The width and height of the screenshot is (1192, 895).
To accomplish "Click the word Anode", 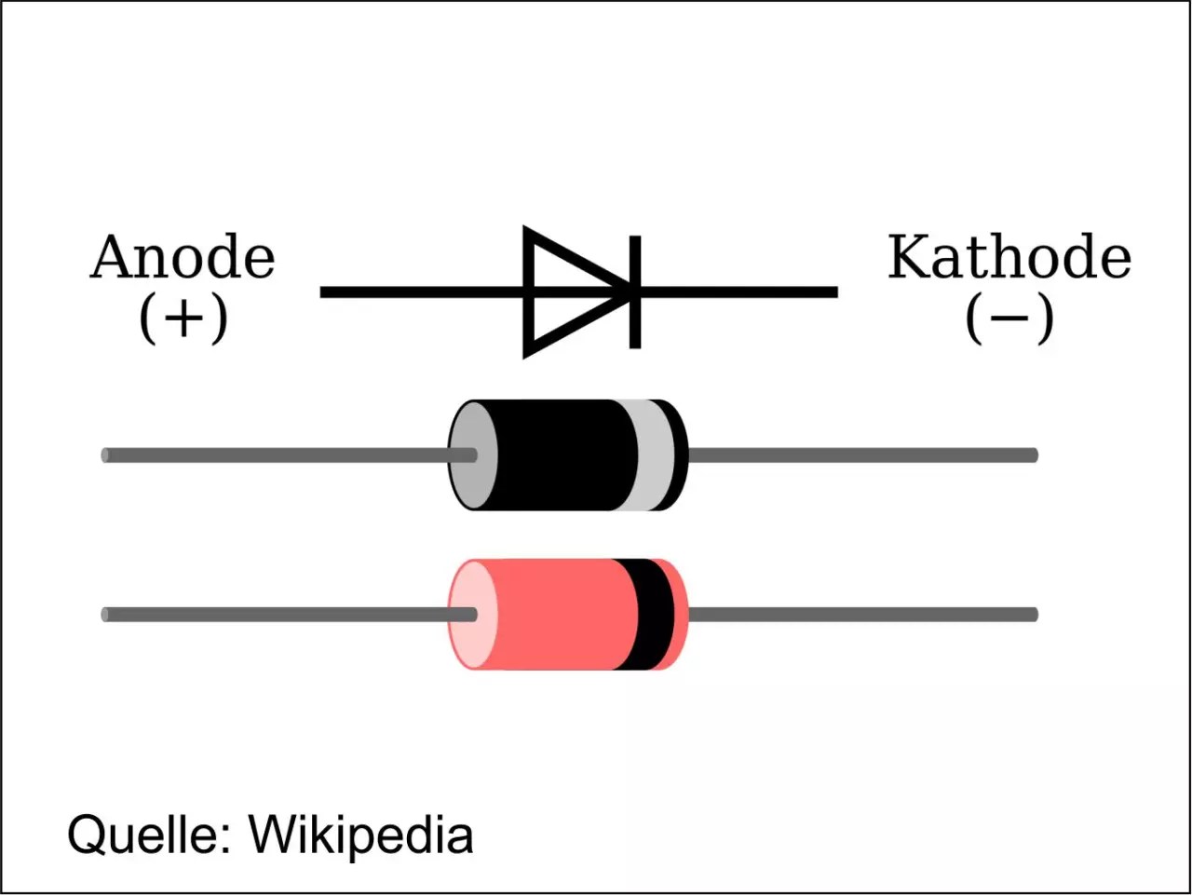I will pyautogui.click(x=183, y=258).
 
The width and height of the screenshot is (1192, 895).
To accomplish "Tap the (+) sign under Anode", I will pyautogui.click(x=183, y=319).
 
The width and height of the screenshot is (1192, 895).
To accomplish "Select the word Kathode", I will pyautogui.click(x=1009, y=258).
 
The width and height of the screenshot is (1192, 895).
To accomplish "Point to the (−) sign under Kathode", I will pyautogui.click(x=1009, y=319).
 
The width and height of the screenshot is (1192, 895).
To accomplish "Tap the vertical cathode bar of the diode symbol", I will pyautogui.click(x=635, y=292).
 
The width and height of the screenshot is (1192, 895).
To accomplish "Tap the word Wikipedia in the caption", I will pyautogui.click(x=360, y=834).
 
